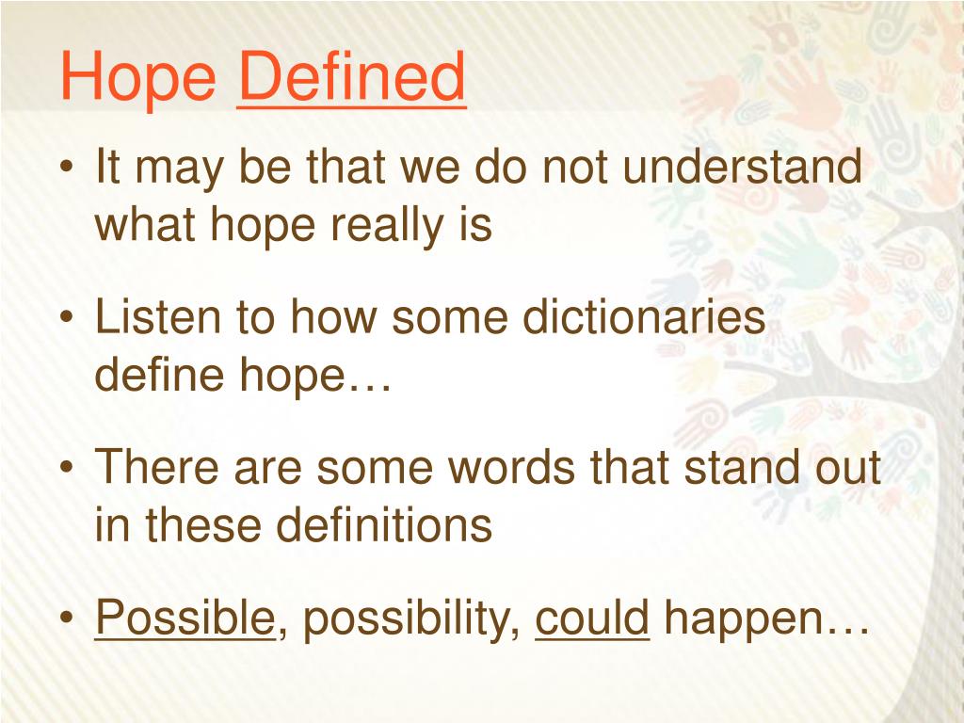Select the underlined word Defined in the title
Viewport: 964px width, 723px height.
[351, 76]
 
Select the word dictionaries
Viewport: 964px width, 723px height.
[644, 316]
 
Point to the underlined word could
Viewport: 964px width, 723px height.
[592, 617]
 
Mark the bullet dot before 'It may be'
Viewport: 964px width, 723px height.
[68, 168]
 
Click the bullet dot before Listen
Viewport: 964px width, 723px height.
[68, 317]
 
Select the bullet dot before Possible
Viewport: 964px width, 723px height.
[68, 617]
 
